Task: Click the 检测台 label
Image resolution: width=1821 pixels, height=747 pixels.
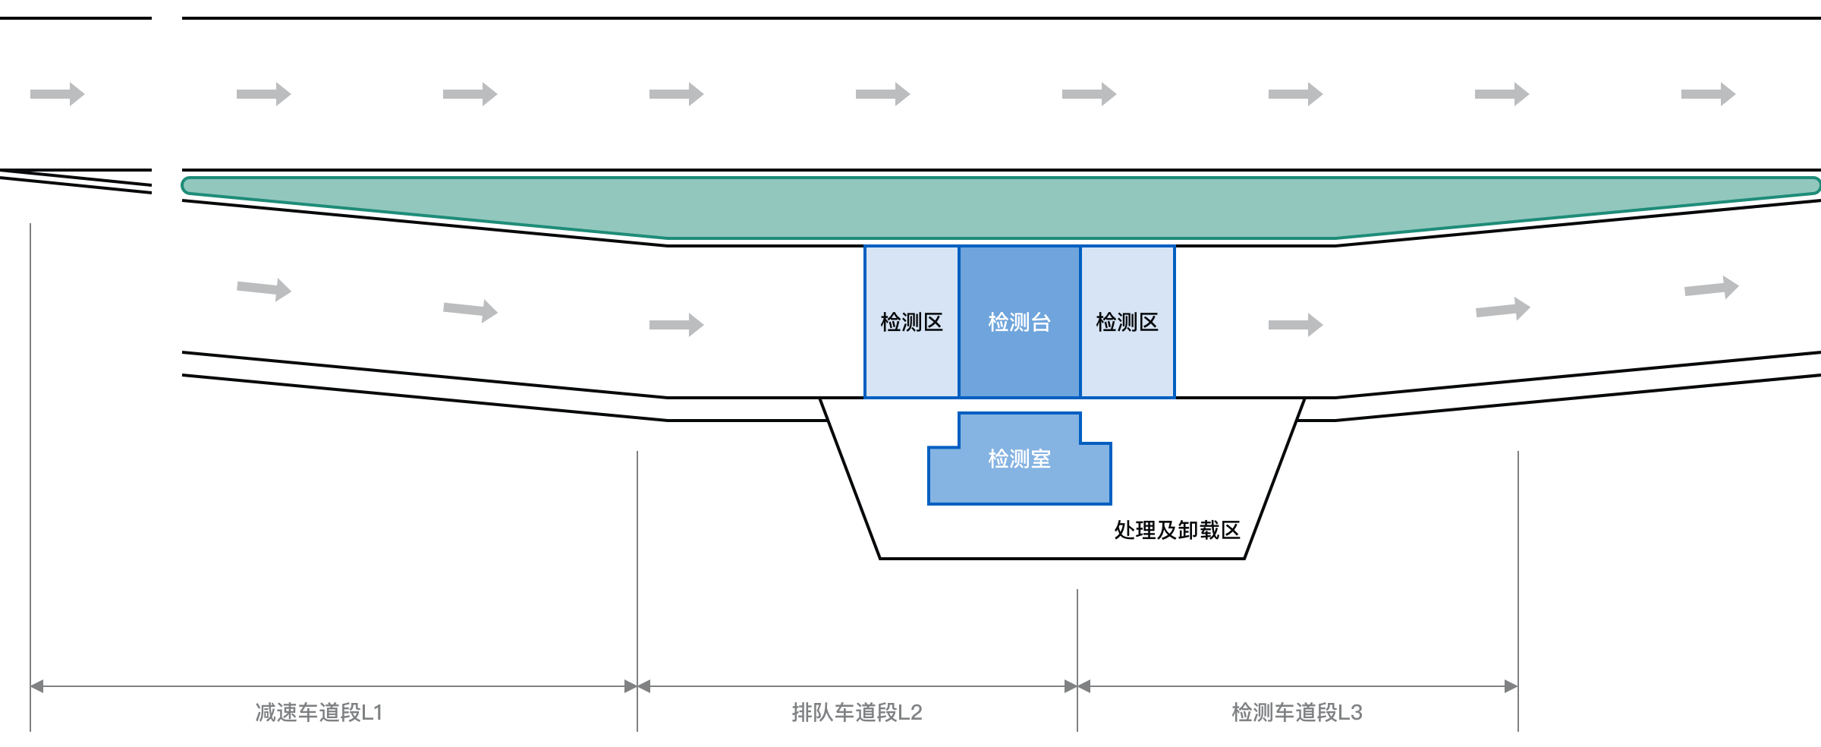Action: [1019, 323]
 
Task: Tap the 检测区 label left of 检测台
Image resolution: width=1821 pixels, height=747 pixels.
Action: [911, 323]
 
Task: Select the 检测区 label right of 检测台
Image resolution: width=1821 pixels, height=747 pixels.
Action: [1127, 323]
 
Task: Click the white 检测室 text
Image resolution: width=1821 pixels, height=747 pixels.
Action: [1019, 459]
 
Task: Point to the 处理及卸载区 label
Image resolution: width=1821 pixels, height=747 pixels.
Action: [1177, 530]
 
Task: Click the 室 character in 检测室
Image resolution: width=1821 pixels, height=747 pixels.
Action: [1040, 459]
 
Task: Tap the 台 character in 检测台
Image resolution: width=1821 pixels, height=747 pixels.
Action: [1041, 323]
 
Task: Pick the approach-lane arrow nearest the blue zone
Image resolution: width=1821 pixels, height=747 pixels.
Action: [675, 325]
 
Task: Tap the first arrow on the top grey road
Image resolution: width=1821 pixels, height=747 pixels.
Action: [57, 94]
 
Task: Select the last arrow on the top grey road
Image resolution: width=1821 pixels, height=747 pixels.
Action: [1707, 94]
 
